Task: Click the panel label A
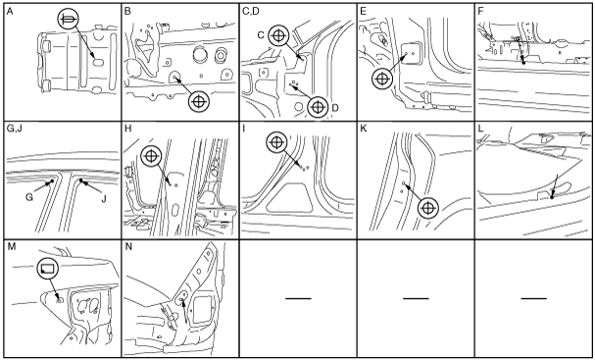(x=10, y=12)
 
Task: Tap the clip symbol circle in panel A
(x=69, y=20)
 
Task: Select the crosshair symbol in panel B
(x=199, y=101)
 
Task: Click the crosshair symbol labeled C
(x=278, y=35)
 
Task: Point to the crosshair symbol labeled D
(x=318, y=108)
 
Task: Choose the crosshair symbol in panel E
(x=382, y=79)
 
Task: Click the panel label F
(x=480, y=12)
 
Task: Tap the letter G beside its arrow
(x=28, y=197)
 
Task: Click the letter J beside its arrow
(x=103, y=197)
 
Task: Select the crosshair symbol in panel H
(x=151, y=156)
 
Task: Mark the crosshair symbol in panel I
(x=277, y=142)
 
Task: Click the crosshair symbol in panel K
(x=428, y=208)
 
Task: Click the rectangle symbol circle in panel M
(x=48, y=269)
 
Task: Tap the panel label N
(x=128, y=247)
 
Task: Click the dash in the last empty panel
(x=534, y=298)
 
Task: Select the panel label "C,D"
(x=250, y=12)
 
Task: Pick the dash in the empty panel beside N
(x=298, y=298)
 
